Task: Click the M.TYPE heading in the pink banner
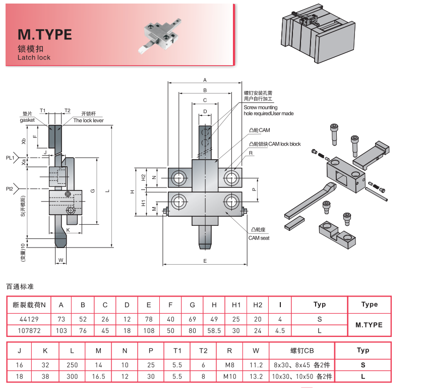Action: pyautogui.click(x=45, y=34)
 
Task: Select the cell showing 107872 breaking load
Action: pyautogui.click(x=29, y=331)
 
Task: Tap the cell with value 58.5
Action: pyautogui.click(x=214, y=331)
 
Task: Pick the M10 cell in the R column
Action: pyautogui.click(x=230, y=376)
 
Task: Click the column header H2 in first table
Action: pyautogui.click(x=257, y=305)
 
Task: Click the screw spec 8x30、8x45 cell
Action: pyautogui.click(x=301, y=364)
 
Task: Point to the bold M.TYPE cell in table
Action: pyautogui.click(x=369, y=325)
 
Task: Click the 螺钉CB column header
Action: pyautogui.click(x=301, y=350)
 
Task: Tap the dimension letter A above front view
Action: pyautogui.click(x=205, y=80)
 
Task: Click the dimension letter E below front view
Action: pyautogui.click(x=205, y=261)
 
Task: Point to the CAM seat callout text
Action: pyautogui.click(x=259, y=237)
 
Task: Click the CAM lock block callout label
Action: pyautogui.click(x=274, y=144)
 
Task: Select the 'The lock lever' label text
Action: pyautogui.click(x=88, y=121)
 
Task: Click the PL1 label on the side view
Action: pyautogui.click(x=10, y=157)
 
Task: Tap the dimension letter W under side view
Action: pyautogui.click(x=60, y=260)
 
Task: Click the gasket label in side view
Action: pyautogui.click(x=27, y=120)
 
